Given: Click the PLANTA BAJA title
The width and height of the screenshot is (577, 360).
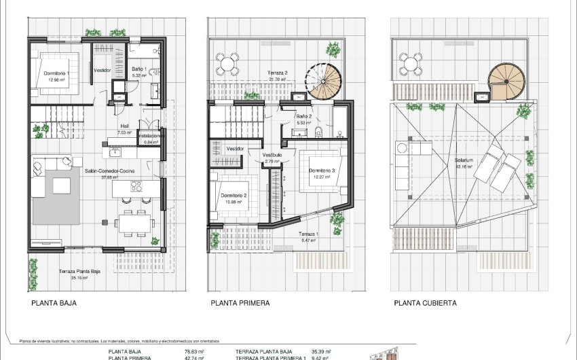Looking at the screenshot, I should tap(54, 303).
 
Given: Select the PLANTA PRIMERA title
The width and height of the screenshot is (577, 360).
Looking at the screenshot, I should tap(240, 303).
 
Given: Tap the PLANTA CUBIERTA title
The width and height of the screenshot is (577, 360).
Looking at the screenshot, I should tap(424, 303).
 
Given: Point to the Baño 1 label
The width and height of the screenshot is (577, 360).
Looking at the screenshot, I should tap(138, 69).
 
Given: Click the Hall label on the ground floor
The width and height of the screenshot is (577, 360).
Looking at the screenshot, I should tap(124, 126).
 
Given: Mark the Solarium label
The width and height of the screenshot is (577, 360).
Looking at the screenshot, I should tap(464, 161).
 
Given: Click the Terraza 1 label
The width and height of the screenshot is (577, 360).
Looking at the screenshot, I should tap(309, 233).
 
